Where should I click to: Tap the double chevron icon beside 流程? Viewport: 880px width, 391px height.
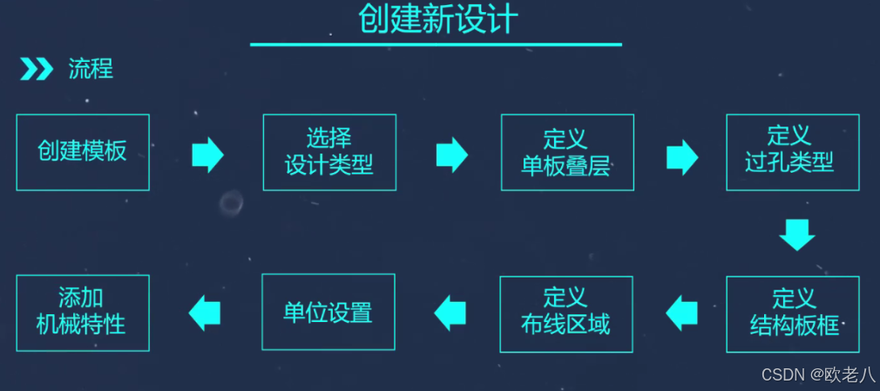[37, 69]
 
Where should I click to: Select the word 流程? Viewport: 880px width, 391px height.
[91, 69]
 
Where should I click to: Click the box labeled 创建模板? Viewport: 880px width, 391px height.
[83, 152]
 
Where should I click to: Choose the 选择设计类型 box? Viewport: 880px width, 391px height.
[329, 152]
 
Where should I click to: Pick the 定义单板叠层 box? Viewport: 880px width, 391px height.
[567, 152]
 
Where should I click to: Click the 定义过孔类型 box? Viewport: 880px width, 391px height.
[792, 152]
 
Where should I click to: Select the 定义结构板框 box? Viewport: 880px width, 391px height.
[792, 313]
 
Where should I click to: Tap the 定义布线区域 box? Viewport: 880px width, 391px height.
[566, 313]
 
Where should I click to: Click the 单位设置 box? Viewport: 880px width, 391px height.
[328, 312]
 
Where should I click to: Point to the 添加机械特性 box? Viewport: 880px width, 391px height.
[83, 312]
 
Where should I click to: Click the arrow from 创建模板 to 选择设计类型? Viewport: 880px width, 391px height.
[207, 155]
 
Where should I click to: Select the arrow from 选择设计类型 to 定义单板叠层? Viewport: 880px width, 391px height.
[451, 155]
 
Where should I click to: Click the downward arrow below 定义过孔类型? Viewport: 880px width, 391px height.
[796, 234]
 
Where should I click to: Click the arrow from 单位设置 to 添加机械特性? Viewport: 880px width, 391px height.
[205, 312]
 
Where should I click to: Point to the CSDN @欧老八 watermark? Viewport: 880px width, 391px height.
[818, 375]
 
